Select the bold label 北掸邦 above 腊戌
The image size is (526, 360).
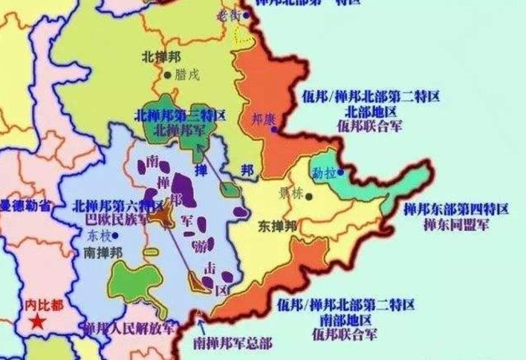click(160, 56)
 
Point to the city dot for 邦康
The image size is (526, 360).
click(274, 129)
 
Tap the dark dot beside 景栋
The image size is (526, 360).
click(308, 197)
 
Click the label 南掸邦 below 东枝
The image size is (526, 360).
click(104, 252)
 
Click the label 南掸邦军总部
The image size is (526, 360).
click(233, 344)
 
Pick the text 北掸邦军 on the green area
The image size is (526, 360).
click(180, 128)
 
